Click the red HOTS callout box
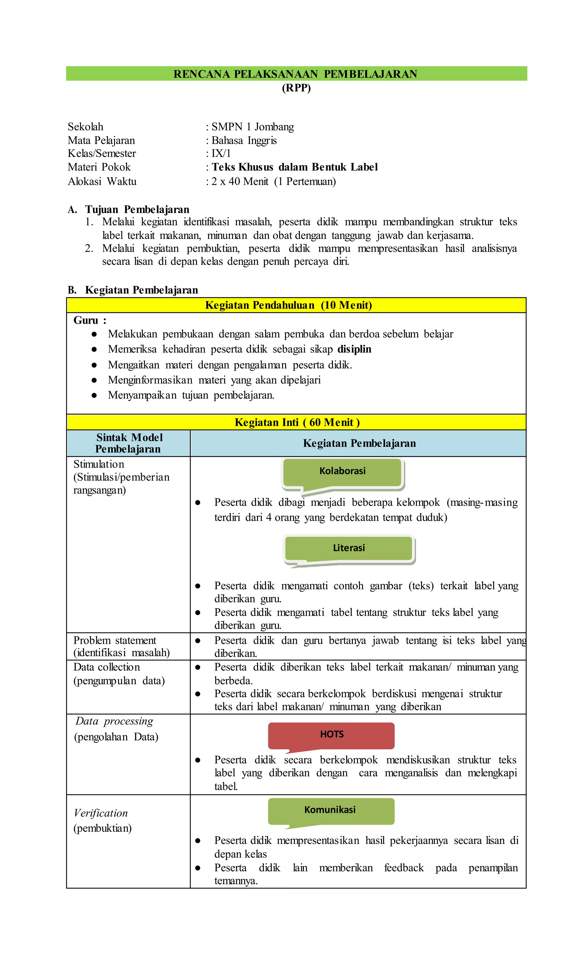click(x=331, y=735)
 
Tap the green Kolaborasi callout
click(x=342, y=471)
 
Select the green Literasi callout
click(x=349, y=548)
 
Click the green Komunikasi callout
click(x=330, y=810)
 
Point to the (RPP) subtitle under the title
click(x=296, y=88)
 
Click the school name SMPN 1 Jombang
click(x=253, y=127)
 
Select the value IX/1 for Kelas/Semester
click(x=221, y=153)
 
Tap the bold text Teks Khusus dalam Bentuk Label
click(x=294, y=167)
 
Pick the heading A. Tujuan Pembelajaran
click(x=129, y=210)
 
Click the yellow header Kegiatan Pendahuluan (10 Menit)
click(x=289, y=305)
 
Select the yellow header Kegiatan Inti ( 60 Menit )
click(x=297, y=423)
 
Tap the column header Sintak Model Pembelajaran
click(x=129, y=443)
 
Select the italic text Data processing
click(x=114, y=721)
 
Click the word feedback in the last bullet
click(x=404, y=868)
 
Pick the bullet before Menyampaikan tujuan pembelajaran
click(x=94, y=395)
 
